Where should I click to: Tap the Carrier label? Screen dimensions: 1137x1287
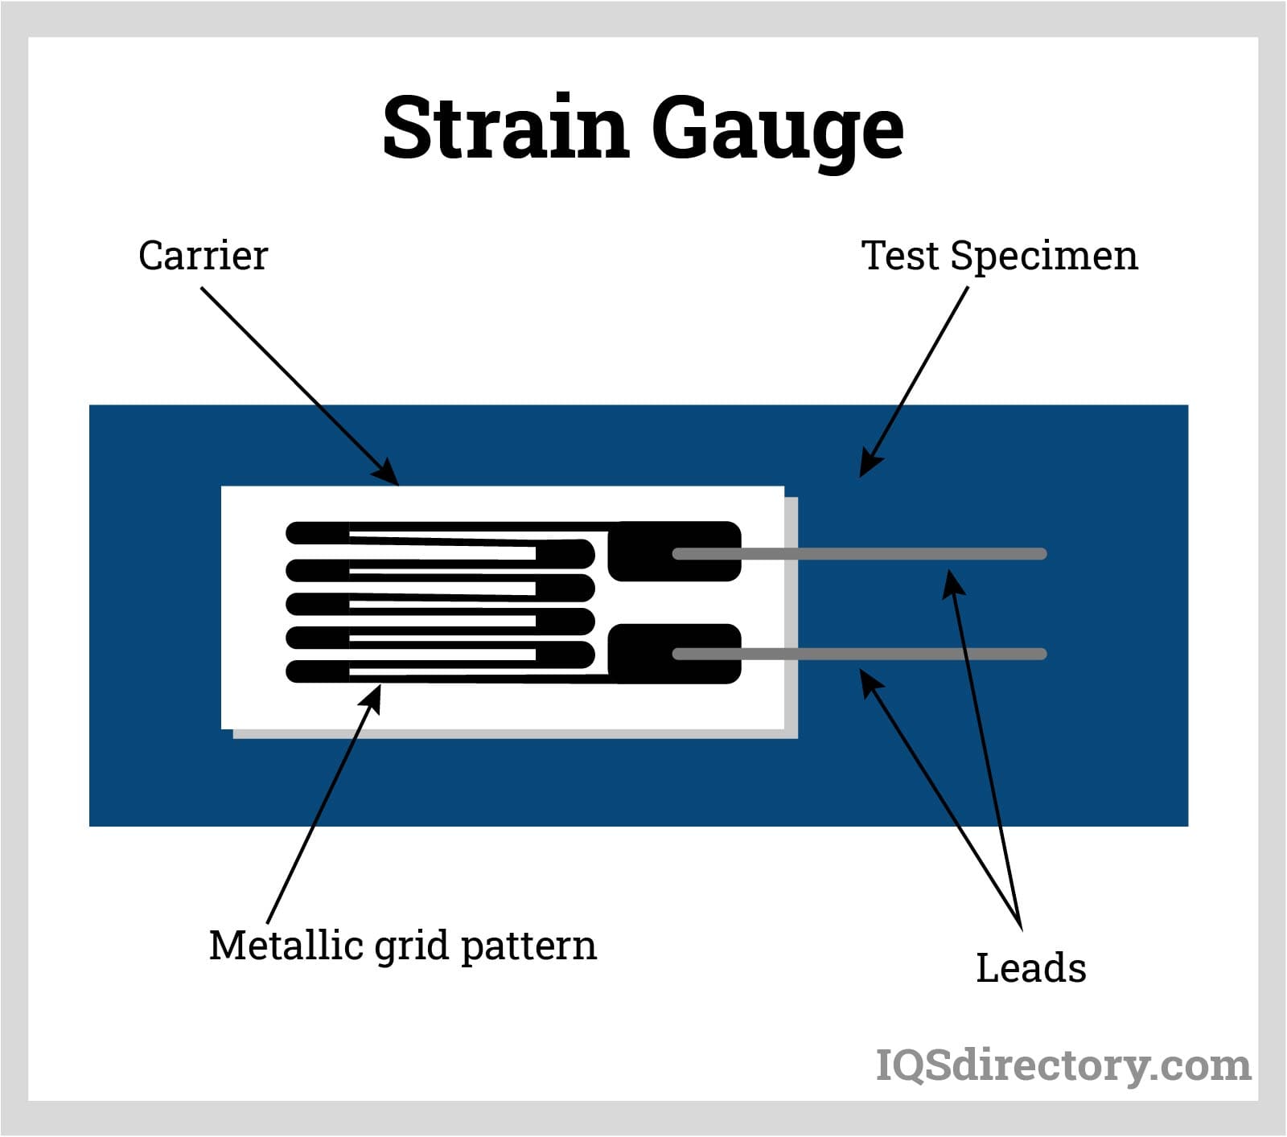[203, 257]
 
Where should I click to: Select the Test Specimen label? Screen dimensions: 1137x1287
[999, 257]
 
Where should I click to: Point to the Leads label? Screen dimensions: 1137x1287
[1030, 968]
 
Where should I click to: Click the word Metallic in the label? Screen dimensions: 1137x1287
[286, 945]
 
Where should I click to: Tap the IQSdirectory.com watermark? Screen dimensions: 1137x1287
[1063, 1065]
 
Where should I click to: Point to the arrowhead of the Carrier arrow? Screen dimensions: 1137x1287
[389, 473]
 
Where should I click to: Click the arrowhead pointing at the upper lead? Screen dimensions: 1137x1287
[953, 581]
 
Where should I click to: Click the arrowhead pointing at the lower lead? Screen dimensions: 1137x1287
[870, 683]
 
